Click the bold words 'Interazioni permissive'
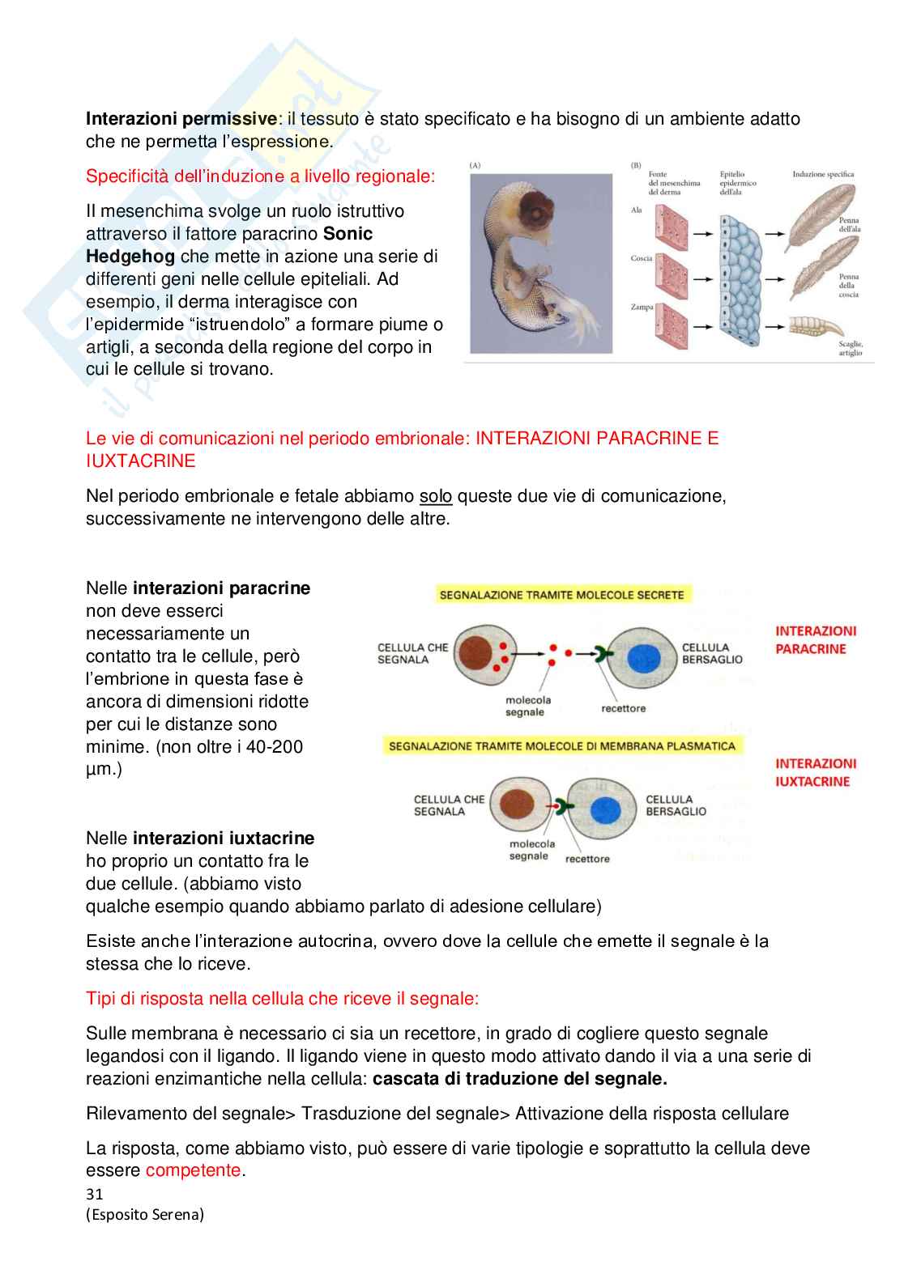click(181, 119)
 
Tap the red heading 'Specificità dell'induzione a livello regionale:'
click(260, 176)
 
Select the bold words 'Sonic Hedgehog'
click(229, 245)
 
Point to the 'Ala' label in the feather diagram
click(637, 210)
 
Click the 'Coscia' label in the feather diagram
click(642, 258)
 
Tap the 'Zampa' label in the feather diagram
click(642, 307)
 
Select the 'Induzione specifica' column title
click(823, 174)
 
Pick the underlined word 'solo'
click(435, 496)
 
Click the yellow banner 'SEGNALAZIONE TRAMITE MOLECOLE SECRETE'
click(562, 595)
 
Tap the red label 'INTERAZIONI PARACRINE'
click(815, 640)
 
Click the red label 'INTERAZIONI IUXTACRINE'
click(815, 773)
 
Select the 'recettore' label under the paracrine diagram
click(623, 708)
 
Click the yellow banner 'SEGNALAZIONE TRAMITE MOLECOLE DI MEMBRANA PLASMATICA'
click(562, 746)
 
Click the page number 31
click(95, 1195)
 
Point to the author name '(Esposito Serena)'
click(145, 1215)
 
